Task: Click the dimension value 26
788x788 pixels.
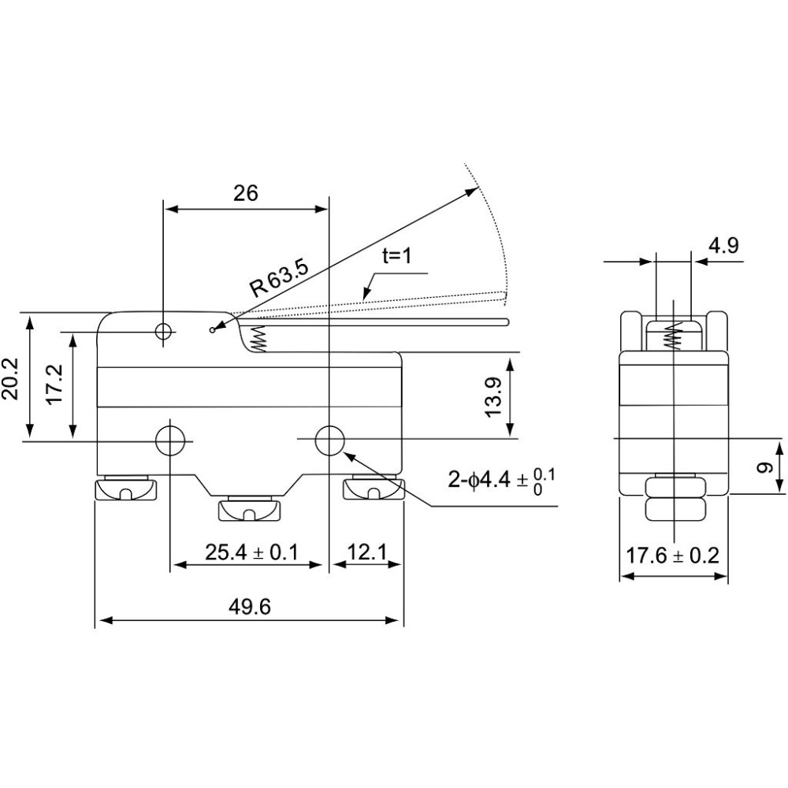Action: [245, 193]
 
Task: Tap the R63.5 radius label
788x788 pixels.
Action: [279, 278]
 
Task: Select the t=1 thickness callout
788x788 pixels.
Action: [396, 256]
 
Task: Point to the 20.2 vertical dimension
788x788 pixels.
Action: [10, 378]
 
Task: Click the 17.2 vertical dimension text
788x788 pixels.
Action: [54, 384]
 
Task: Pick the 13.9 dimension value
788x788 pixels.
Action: [495, 396]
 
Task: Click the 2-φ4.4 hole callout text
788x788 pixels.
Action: [501, 481]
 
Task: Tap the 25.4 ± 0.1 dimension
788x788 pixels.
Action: [251, 552]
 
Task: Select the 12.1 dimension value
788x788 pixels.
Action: [367, 552]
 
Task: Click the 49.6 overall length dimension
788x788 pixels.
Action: [249, 607]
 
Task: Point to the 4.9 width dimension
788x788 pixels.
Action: [723, 246]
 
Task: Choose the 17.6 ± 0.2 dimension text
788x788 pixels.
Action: [672, 556]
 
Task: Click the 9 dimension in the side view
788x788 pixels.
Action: [764, 467]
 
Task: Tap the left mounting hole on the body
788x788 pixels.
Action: [170, 440]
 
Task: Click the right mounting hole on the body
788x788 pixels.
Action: [329, 440]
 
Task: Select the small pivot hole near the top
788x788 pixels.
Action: [164, 331]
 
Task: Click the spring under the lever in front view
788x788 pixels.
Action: [258, 338]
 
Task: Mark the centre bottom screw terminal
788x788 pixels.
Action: [248, 509]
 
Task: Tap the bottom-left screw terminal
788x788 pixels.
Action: [125, 488]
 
